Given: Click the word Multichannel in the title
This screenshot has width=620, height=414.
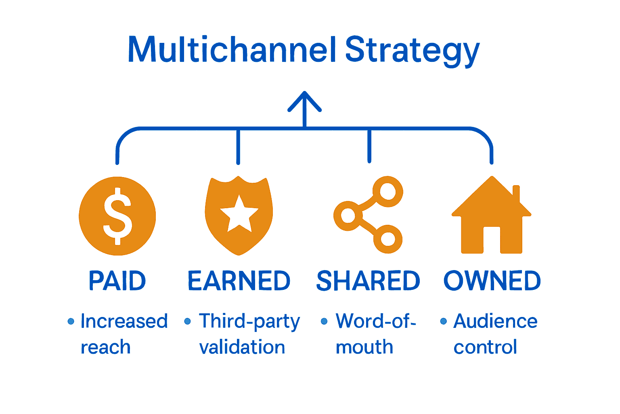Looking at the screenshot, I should click(232, 49).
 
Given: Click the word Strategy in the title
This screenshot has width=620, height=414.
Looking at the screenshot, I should click(412, 50).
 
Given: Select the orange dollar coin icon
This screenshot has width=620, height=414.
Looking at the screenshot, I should click(117, 216).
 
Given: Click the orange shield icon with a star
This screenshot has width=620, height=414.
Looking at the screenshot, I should click(239, 216).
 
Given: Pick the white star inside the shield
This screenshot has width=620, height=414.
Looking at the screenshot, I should click(239, 214).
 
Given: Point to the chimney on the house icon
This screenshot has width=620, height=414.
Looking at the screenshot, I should click(515, 193).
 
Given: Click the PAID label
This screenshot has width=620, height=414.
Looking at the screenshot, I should click(117, 281).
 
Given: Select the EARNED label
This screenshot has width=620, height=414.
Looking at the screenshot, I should click(239, 281).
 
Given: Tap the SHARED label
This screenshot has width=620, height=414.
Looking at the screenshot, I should click(368, 281).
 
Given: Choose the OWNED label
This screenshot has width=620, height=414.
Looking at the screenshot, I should click(492, 281).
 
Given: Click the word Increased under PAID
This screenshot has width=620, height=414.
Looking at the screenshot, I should click(124, 321).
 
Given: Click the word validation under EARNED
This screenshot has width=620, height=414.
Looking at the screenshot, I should click(242, 347).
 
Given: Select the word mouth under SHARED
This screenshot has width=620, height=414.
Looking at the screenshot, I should click(364, 347).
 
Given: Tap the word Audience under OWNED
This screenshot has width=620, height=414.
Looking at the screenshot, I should click(495, 321).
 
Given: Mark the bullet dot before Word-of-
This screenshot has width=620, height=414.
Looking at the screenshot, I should click(324, 321).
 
